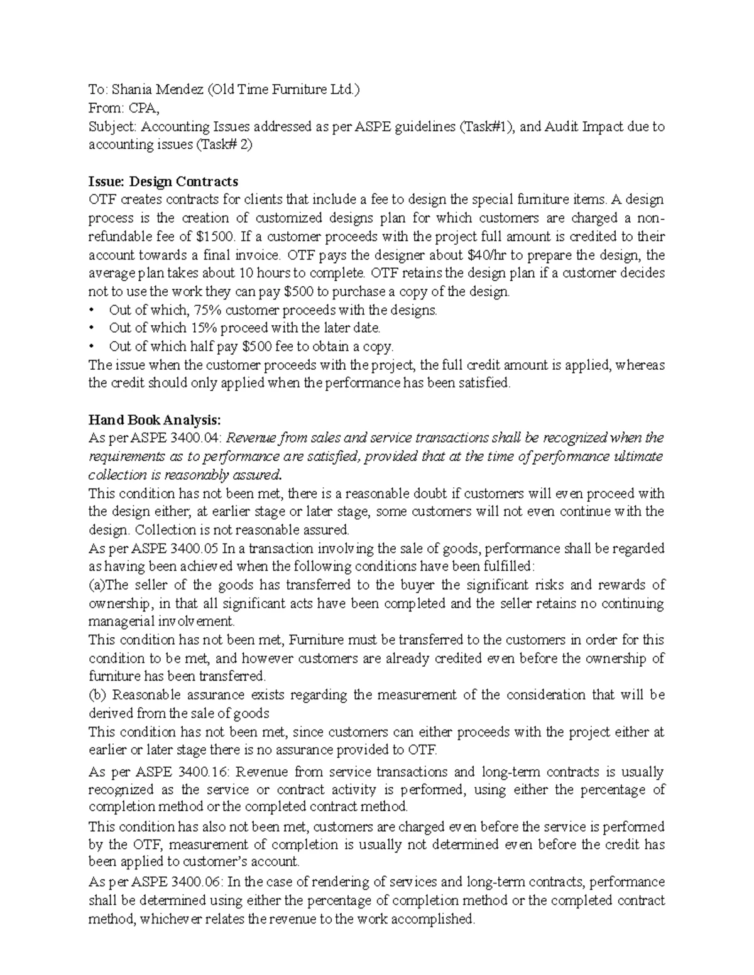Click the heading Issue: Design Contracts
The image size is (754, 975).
pyautogui.click(x=163, y=181)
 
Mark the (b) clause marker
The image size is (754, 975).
pyautogui.click(x=97, y=695)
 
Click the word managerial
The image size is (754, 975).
pyautogui.click(x=120, y=622)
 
